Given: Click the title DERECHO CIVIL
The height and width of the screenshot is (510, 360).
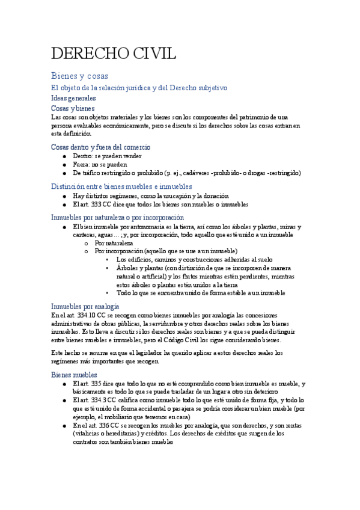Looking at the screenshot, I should [x=114, y=54].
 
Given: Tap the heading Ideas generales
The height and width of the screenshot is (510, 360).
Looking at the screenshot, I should [x=73, y=98].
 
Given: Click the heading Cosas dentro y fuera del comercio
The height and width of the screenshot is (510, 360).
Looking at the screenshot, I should [x=100, y=147].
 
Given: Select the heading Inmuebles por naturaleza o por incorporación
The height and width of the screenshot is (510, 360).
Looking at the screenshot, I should [x=117, y=217].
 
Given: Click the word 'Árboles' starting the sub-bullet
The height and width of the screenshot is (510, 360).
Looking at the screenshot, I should [x=127, y=268].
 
